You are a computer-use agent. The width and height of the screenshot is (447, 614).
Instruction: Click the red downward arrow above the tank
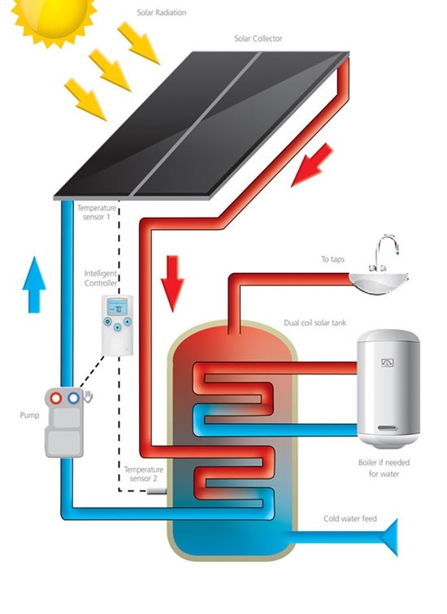click(x=171, y=280)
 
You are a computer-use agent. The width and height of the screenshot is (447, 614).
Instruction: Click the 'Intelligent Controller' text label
click(x=101, y=279)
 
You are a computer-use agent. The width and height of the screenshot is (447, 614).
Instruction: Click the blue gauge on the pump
click(x=74, y=399)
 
